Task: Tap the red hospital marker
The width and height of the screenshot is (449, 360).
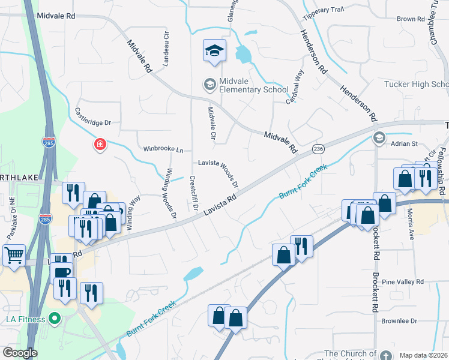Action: (x=100, y=145)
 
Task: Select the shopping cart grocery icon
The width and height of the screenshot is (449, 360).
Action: (x=14, y=255)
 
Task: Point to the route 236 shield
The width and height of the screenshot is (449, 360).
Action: (x=318, y=148)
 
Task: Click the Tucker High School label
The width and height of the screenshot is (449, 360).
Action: (x=415, y=84)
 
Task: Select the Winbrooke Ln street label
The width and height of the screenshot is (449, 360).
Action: (x=163, y=149)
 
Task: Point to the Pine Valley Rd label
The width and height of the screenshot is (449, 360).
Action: (x=403, y=281)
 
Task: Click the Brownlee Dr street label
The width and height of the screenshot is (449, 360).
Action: (x=399, y=321)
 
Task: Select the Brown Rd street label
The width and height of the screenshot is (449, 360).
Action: (x=411, y=19)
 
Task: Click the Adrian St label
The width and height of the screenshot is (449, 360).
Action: (x=403, y=144)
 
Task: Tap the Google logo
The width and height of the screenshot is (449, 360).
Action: (x=20, y=353)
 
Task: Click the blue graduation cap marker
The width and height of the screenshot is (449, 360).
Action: (x=214, y=52)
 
